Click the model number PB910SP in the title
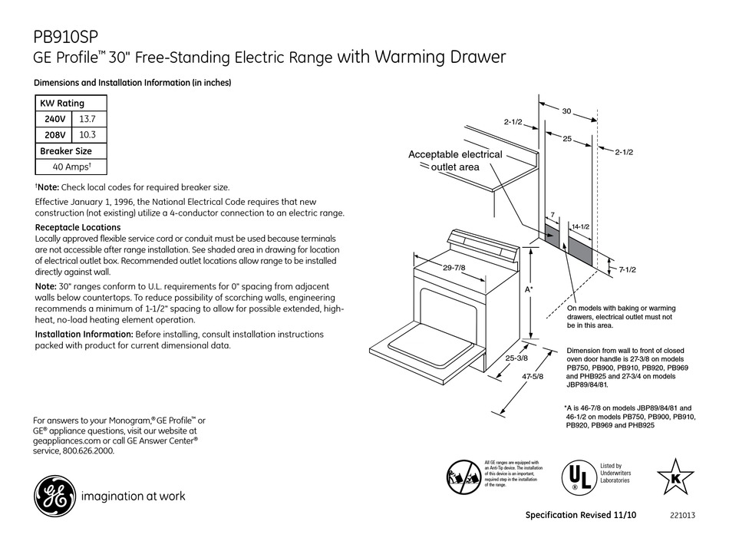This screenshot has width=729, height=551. (x=66, y=36)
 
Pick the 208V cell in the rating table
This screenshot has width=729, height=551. (x=53, y=134)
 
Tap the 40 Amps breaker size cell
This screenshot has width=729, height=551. (x=72, y=167)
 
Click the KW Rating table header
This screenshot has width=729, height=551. (x=62, y=104)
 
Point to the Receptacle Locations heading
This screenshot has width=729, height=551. (x=78, y=228)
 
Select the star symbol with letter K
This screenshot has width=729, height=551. (x=675, y=476)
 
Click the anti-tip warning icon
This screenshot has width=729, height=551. (x=463, y=476)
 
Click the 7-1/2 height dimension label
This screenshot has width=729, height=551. (x=627, y=269)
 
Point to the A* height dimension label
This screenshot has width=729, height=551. (x=529, y=291)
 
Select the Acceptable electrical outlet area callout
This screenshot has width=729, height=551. (x=454, y=160)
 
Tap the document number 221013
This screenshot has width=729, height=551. (x=681, y=516)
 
